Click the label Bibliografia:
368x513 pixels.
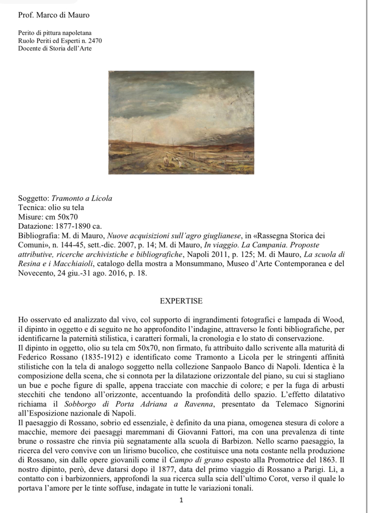(40, 235)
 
